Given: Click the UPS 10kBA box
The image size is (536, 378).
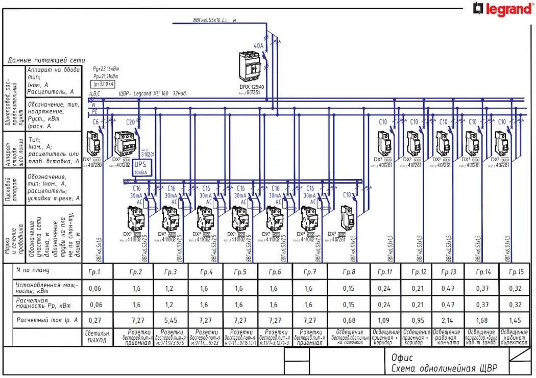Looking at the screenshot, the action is click(140, 168).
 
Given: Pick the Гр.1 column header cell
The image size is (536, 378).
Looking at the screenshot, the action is click(95, 272).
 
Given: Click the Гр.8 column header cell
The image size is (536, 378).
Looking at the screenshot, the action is click(349, 272).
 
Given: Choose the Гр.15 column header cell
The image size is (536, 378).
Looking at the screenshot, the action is click(517, 272).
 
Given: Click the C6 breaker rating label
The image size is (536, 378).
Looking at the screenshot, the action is click(95, 122).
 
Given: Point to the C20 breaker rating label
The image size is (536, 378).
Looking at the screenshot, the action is click(131, 122).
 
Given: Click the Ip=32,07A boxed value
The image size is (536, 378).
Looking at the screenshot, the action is click(103, 84).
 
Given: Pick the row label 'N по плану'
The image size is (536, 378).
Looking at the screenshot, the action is click(33, 270).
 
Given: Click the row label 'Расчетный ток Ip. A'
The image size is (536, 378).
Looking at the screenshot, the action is click(47, 320).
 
